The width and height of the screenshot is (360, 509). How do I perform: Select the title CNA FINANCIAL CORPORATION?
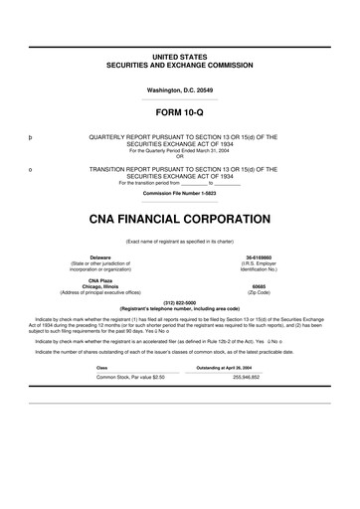pos(180,218)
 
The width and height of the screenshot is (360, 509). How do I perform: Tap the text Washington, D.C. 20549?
pos(180,89)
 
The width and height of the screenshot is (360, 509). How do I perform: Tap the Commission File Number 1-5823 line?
pos(180,193)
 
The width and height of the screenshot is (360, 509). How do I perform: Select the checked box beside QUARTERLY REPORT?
pos(31,136)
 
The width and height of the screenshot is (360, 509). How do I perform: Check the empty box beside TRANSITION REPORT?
pos(31,169)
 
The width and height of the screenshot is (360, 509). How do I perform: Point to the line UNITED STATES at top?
pos(180,57)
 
